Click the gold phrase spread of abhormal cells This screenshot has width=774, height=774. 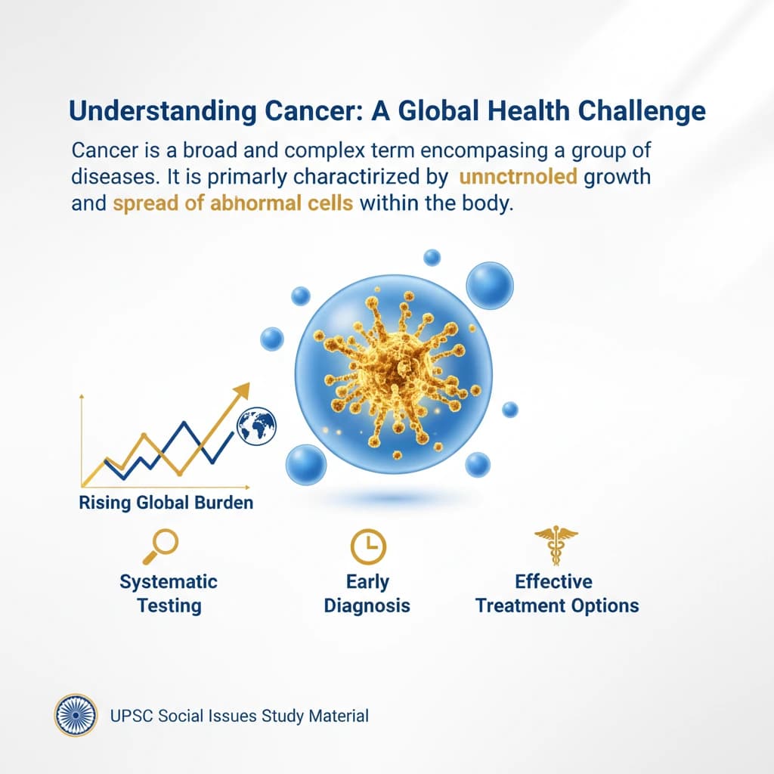[x=233, y=204]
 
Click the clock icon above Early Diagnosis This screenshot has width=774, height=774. [x=368, y=545]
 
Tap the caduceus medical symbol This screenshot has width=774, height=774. [x=556, y=543]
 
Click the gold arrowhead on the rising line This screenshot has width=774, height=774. [x=241, y=391]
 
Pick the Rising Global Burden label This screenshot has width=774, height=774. [x=166, y=502]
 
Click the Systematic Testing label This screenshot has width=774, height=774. [x=169, y=593]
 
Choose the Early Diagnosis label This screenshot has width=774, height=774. [x=367, y=593]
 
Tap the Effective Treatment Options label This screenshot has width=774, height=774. [x=557, y=593]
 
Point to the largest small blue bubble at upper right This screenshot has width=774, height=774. [x=489, y=286]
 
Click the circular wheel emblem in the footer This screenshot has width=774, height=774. [x=76, y=715]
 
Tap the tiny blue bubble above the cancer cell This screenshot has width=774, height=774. [x=432, y=257]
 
